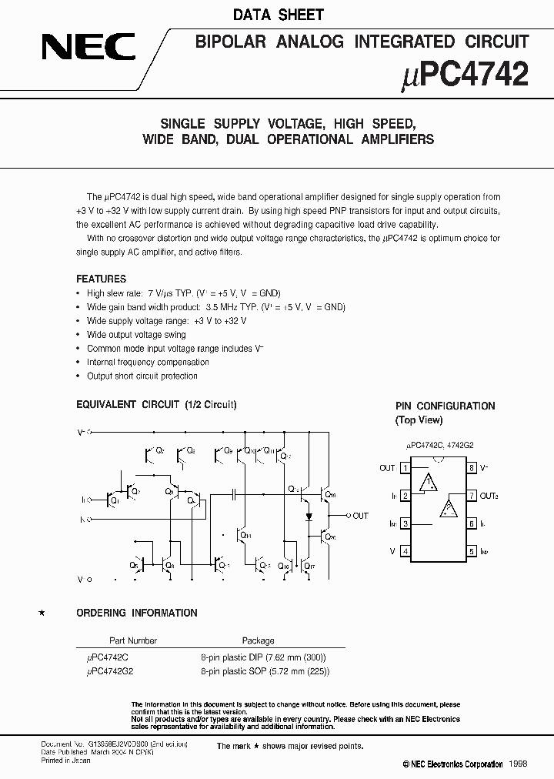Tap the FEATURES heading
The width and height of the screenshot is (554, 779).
point(101,279)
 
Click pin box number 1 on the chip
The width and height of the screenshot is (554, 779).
point(405,467)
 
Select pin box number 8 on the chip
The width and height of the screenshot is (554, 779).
point(472,467)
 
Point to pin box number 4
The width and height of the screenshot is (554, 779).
point(405,551)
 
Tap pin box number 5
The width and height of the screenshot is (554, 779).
point(472,551)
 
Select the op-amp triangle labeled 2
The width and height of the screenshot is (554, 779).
point(448,509)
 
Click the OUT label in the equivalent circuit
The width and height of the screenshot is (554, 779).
point(360,516)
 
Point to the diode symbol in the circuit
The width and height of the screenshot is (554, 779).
point(308,515)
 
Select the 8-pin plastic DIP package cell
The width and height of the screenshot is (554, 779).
point(263,657)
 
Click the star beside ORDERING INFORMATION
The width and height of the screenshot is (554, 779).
point(42,613)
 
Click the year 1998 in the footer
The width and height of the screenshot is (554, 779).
point(517,764)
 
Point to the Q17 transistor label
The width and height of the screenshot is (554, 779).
point(309,567)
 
